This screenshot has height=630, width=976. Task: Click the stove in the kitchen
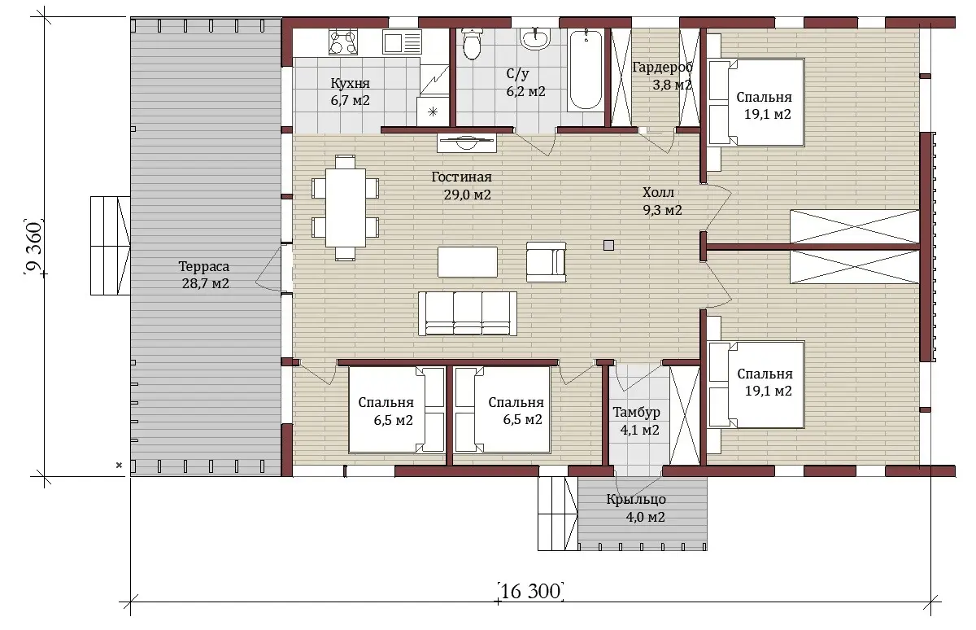343,42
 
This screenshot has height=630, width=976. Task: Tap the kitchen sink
402,42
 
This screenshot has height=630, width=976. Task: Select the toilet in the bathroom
472,43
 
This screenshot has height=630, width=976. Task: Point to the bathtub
586,70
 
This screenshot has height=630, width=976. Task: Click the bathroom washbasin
534,38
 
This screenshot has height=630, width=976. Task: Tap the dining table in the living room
346,208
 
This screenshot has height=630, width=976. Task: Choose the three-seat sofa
468,314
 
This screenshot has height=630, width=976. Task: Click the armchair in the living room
546,262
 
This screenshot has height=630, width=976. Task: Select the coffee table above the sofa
468,261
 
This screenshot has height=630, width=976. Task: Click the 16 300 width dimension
530,592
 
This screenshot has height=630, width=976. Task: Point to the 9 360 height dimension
33,247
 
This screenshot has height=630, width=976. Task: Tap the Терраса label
204,266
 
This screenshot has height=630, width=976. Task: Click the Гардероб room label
662,67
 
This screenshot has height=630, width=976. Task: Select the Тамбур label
637,412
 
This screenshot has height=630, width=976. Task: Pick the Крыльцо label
636,499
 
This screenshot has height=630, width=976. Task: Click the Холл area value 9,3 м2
662,210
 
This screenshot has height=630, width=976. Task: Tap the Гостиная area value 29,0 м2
468,195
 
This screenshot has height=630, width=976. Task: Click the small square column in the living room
608,246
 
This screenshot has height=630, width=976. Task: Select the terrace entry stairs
111,246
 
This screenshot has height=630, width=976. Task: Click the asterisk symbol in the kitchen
433,112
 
